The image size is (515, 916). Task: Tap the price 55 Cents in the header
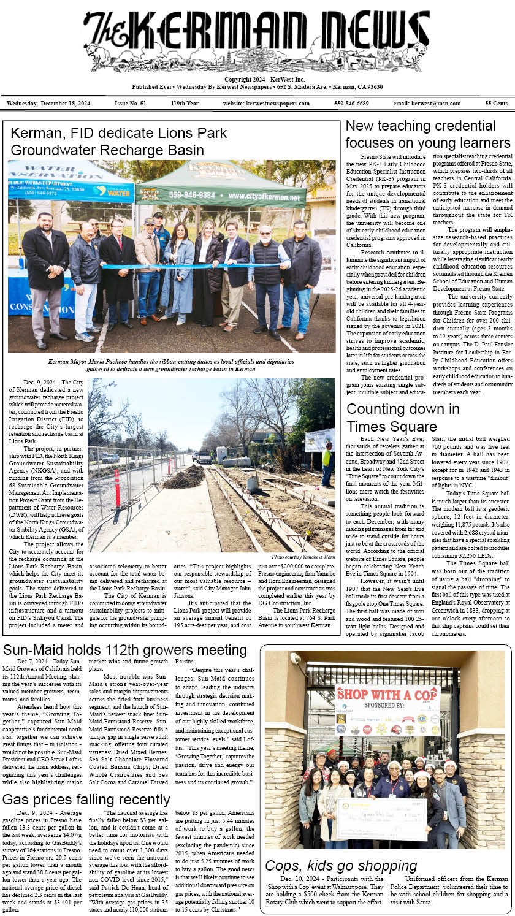tap(496, 104)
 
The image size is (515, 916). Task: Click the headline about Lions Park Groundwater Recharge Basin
tap(119, 142)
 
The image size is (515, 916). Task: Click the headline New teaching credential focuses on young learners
tap(427, 134)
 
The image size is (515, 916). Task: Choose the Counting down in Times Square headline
tap(403, 418)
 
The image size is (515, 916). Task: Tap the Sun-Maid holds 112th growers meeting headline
tap(124, 650)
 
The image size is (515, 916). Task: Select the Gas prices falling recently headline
tap(86, 800)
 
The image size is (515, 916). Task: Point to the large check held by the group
tap(381, 818)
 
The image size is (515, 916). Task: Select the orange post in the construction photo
tap(117, 487)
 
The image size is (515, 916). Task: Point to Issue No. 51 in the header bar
tap(130, 104)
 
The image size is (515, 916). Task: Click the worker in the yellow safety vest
tap(327, 462)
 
